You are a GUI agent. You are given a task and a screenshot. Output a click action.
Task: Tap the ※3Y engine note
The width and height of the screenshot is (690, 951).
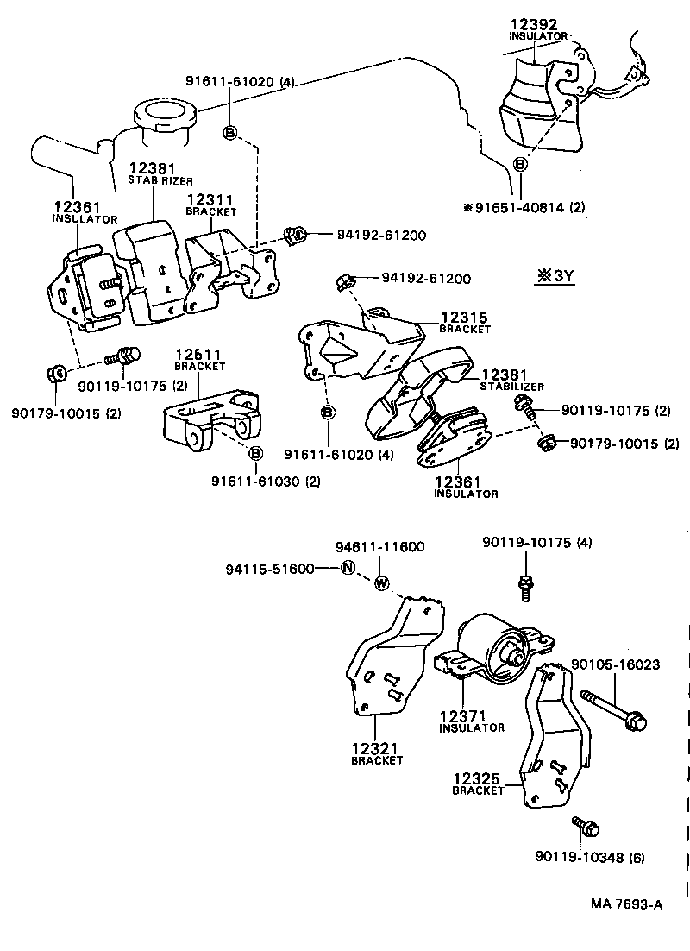click(556, 276)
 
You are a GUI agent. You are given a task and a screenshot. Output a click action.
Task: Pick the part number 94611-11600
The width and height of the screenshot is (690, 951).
click(379, 547)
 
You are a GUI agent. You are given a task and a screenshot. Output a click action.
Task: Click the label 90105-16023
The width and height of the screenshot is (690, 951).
click(616, 665)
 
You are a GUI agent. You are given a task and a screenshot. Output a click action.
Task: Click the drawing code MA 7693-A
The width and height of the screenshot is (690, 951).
click(626, 904)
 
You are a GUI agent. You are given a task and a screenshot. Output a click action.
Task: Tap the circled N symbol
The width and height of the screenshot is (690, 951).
click(348, 568)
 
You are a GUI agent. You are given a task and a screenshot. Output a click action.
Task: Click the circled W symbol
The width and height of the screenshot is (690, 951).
click(382, 583)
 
